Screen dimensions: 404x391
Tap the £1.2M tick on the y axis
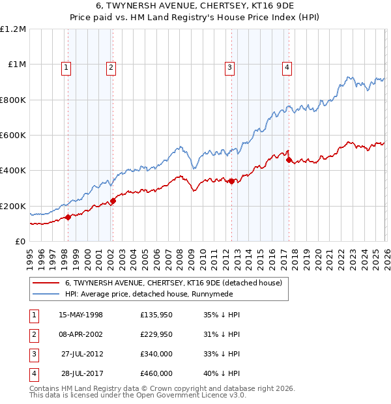pyautogui.click(x=13, y=29)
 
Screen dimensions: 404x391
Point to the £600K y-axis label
pyautogui.click(x=13, y=136)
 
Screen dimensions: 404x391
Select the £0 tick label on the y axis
pyautogui.click(x=20, y=242)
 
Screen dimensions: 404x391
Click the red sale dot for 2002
pyautogui.click(x=113, y=201)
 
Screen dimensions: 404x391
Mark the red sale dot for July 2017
pyautogui.click(x=288, y=160)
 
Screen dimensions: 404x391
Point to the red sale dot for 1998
pyautogui.click(x=68, y=218)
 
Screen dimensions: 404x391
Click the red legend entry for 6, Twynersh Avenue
pyautogui.click(x=173, y=283)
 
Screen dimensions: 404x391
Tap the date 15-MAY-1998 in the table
pyautogui.click(x=81, y=315)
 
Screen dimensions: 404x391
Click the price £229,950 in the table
pyautogui.click(x=156, y=334)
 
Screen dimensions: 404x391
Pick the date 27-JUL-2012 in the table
pyautogui.click(x=81, y=354)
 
